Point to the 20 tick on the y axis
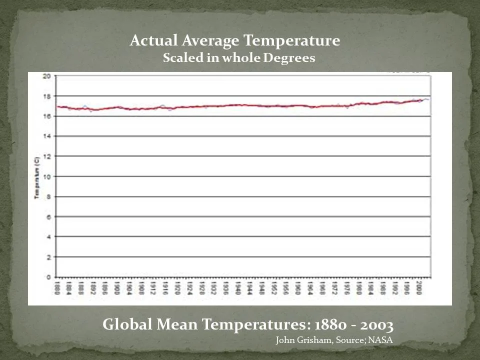coord(46,76)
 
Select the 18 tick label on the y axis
coord(46,96)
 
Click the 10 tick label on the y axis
coord(46,176)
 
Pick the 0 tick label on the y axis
coord(48,277)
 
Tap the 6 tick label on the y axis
coord(48,216)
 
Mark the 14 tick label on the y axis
coord(46,136)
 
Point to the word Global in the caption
coord(125,325)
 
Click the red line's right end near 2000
coord(423,100)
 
